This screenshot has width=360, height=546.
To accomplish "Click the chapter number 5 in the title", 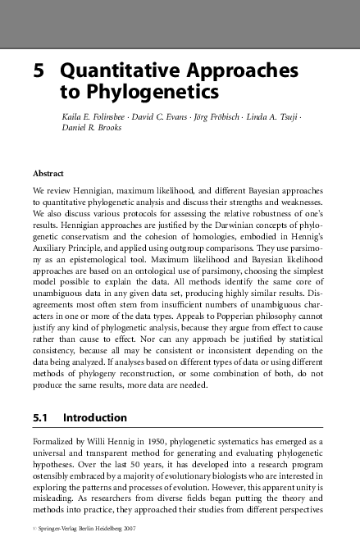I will coord(37,71).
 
